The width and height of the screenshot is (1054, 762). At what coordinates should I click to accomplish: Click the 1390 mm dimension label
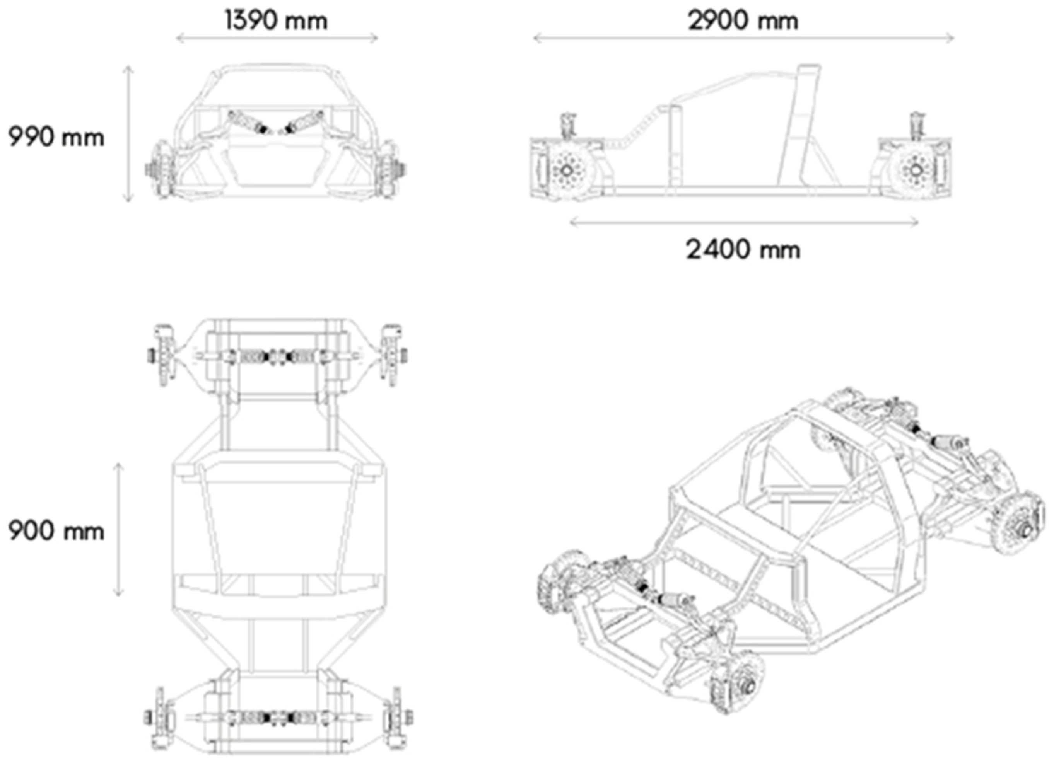(x=276, y=21)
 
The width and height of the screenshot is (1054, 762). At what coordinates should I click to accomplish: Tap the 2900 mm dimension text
(x=743, y=21)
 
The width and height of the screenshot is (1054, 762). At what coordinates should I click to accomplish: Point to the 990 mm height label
(x=56, y=137)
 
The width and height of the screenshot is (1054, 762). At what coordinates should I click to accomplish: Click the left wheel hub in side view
(x=567, y=170)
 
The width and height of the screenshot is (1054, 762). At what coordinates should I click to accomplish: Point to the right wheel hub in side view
(x=915, y=170)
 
